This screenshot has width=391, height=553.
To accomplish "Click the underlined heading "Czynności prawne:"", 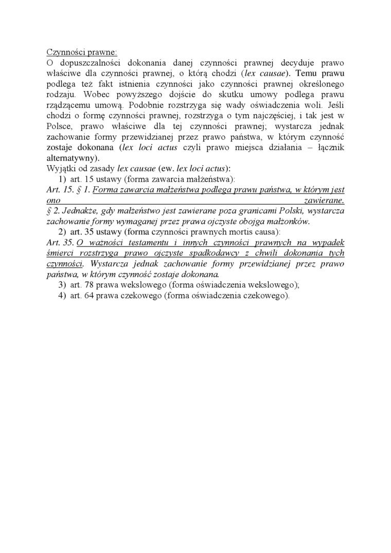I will click(82, 52).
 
